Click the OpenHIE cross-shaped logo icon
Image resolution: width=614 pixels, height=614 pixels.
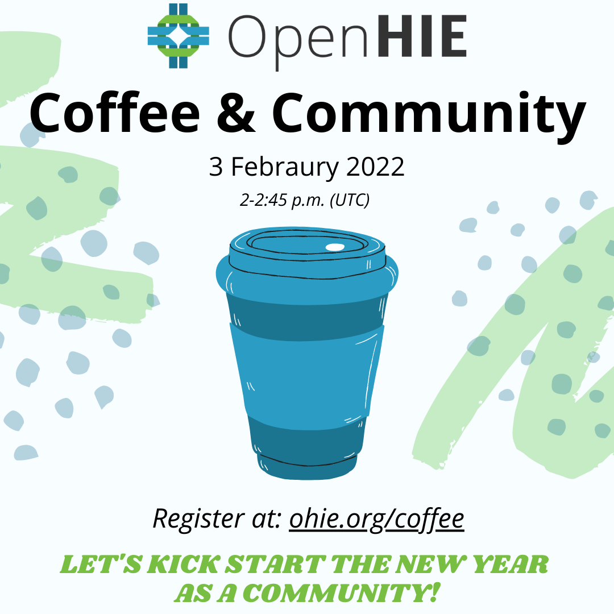click(178, 36)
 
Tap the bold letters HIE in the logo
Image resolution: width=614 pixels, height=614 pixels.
click(422, 36)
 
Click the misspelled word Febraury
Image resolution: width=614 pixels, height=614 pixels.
click(285, 168)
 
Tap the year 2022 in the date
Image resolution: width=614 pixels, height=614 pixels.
click(375, 167)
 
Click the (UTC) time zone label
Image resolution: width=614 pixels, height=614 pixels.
click(350, 200)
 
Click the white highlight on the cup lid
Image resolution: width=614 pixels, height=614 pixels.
click(335, 247)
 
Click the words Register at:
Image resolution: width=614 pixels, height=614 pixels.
click(217, 520)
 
